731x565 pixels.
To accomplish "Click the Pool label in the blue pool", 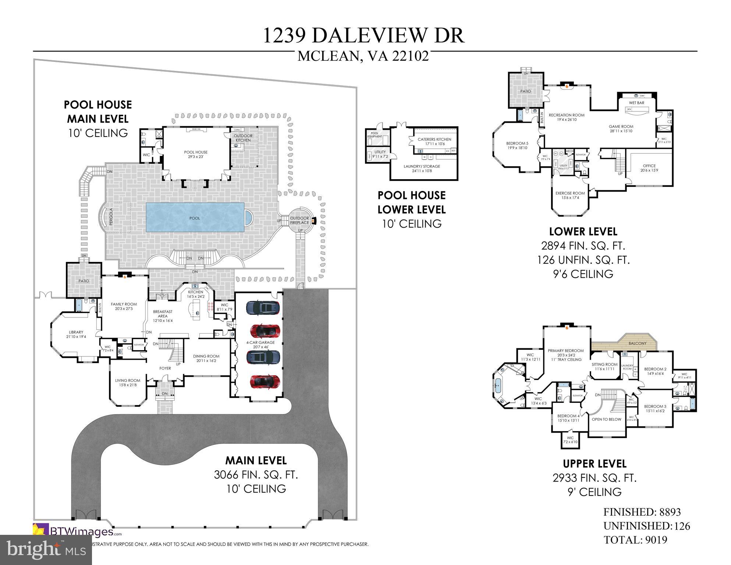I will [195, 218].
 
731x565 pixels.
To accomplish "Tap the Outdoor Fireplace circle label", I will [299, 220].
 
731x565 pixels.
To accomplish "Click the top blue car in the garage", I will [263, 308].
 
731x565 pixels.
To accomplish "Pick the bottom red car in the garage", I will [265, 381].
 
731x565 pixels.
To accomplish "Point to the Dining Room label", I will [206, 356].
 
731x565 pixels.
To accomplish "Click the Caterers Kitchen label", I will [434, 139].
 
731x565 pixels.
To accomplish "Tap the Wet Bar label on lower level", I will [636, 103].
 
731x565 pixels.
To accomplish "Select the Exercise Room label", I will [570, 193].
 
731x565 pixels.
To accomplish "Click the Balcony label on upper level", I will [638, 343].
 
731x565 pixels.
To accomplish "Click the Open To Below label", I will [606, 419].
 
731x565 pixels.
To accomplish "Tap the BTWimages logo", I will [77, 532].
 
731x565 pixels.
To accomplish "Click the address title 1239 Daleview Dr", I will [363, 36].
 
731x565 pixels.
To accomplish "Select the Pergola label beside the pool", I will [111, 217].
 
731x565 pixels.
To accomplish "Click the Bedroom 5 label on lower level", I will [517, 143].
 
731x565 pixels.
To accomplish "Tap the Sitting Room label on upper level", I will [604, 365].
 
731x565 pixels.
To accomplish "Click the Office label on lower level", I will [649, 166].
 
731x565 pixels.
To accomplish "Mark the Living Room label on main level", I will [128, 381].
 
